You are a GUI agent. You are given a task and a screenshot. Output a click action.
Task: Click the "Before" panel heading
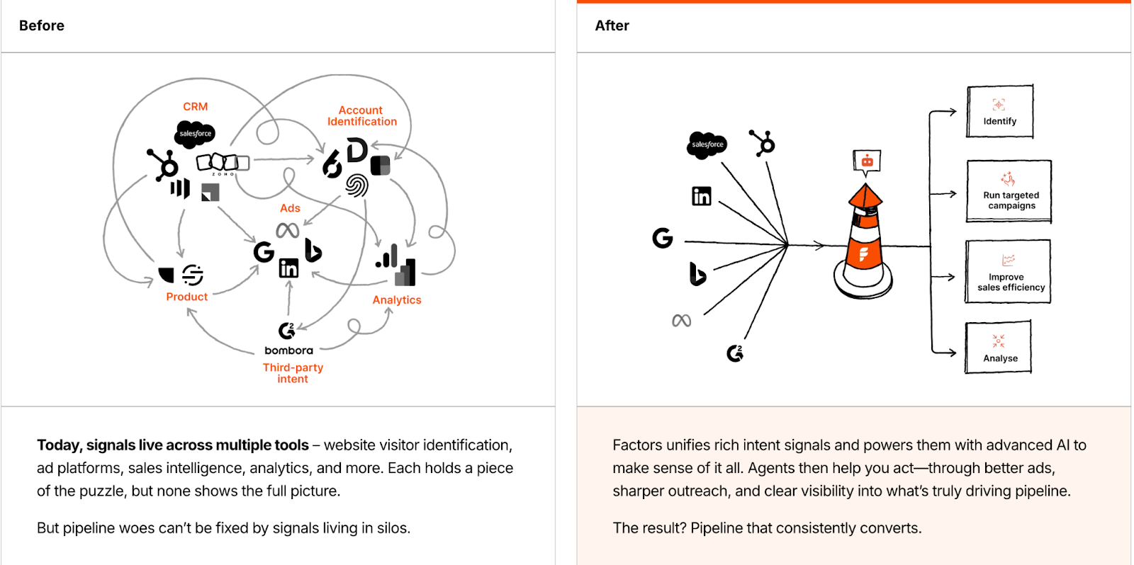pyautogui.click(x=42, y=25)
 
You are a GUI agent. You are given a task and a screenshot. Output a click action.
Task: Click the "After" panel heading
pyautogui.click(x=612, y=25)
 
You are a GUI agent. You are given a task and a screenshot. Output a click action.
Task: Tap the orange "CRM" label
pyautogui.click(x=195, y=106)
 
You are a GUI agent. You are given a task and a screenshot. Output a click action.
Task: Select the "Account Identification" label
pyautogui.click(x=361, y=115)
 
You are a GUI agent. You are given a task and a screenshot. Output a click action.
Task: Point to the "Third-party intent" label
pyautogui.click(x=293, y=372)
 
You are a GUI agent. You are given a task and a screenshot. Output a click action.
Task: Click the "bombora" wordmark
pyautogui.click(x=288, y=350)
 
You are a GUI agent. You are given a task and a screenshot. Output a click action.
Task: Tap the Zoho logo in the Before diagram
pyautogui.click(x=223, y=163)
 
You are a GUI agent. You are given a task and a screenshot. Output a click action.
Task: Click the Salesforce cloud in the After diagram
pyautogui.click(x=707, y=144)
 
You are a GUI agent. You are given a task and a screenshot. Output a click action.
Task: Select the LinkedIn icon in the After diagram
pyautogui.click(x=701, y=196)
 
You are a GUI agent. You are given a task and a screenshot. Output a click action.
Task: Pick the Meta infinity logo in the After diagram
pyautogui.click(x=681, y=321)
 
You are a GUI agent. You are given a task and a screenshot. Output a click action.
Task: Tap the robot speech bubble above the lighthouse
pyautogui.click(x=867, y=161)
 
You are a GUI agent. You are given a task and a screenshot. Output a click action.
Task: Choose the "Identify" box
pyautogui.click(x=999, y=112)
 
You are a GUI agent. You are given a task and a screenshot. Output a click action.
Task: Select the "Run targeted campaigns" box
pyautogui.click(x=1009, y=192)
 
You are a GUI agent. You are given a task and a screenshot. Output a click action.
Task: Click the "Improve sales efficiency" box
pyautogui.click(x=1008, y=272)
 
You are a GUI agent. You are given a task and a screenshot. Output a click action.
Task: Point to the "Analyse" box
pyautogui.click(x=999, y=348)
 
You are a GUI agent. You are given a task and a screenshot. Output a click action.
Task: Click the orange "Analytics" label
pyautogui.click(x=397, y=299)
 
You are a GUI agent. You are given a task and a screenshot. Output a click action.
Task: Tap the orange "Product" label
pyautogui.click(x=186, y=297)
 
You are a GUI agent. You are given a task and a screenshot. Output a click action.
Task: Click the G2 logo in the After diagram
pyautogui.click(x=735, y=353)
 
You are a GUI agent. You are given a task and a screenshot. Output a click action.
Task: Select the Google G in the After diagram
pyautogui.click(x=662, y=238)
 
